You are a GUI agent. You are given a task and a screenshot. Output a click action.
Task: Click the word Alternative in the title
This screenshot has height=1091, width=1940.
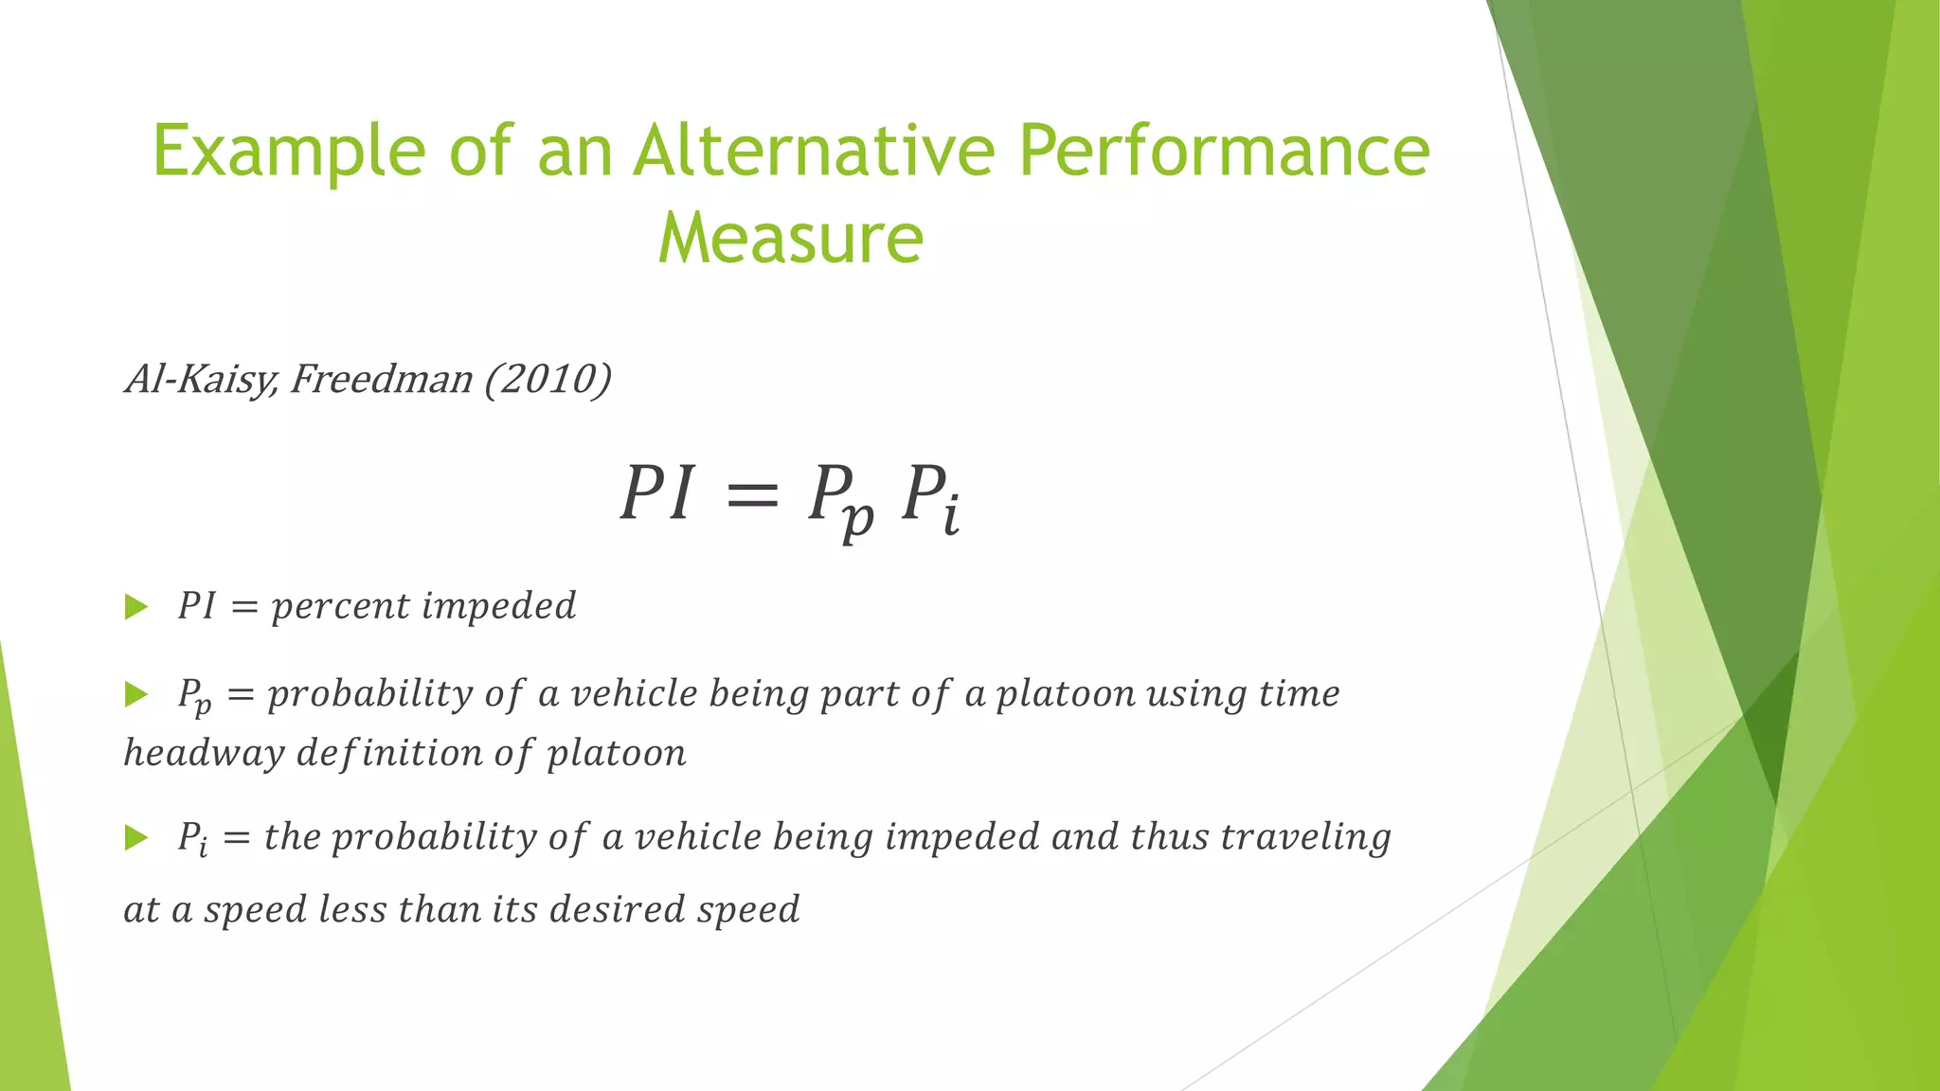814,152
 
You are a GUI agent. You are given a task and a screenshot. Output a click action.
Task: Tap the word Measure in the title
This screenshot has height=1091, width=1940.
790,238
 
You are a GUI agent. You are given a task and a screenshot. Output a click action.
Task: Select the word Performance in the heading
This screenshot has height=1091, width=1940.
1224,152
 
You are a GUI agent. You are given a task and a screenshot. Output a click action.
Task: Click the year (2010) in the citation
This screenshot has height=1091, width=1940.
548,380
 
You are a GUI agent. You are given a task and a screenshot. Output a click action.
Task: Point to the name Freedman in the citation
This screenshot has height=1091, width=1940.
381,380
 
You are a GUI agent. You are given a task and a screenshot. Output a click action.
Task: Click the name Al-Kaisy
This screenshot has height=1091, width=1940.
199,380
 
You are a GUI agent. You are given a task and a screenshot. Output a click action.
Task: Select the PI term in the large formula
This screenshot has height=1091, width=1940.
657,494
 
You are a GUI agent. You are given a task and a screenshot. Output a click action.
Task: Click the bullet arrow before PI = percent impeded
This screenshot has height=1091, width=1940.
136,607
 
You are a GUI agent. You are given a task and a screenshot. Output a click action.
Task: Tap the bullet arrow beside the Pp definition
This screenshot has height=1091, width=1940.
136,695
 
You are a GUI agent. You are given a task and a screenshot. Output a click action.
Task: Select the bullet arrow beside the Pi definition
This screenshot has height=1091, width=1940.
136,837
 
